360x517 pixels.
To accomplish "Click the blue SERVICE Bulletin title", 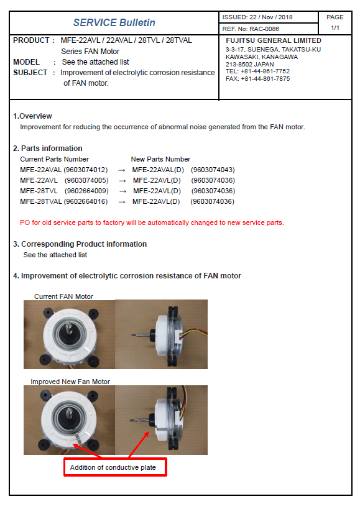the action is [x=114, y=23].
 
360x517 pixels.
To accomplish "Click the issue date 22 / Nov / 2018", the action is [x=271, y=17].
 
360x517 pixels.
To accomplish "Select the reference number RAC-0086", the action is [x=264, y=29].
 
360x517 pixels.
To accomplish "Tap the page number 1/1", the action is [x=335, y=28].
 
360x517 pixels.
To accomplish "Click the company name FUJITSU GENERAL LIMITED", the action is [x=274, y=40].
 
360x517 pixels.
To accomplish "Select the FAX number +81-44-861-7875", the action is [x=265, y=79].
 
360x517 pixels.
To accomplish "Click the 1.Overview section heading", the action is [x=33, y=116].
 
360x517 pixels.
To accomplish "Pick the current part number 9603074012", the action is [x=85, y=170].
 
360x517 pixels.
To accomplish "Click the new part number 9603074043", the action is [x=213, y=170].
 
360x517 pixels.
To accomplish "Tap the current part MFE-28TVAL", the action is [x=41, y=201].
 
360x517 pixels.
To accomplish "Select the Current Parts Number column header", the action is [x=55, y=159].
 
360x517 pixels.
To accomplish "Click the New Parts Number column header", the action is [x=160, y=159].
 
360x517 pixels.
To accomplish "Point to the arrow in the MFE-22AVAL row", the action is [x=122, y=170].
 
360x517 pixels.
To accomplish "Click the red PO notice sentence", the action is [x=152, y=223].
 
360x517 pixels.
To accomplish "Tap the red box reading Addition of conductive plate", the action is [x=115, y=467].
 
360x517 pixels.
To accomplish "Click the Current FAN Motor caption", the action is [x=63, y=296].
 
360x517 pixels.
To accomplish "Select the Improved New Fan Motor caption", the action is [x=70, y=382].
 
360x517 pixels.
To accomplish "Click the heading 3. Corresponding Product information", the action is [x=80, y=244].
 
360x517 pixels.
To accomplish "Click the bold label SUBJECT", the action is [x=30, y=73].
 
